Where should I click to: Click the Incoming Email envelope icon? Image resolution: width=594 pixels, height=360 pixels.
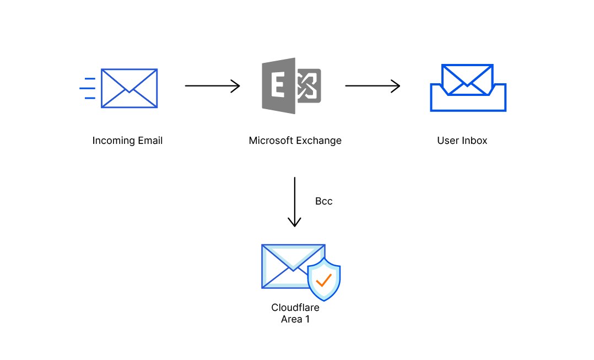tap(129, 88)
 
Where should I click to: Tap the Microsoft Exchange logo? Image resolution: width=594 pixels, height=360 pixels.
tap(291, 86)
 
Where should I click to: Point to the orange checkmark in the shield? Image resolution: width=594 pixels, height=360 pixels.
tap(323, 280)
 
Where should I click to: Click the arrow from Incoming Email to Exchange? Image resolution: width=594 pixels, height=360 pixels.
tap(212, 86)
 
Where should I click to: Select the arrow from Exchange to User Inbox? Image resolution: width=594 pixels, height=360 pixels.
tap(372, 86)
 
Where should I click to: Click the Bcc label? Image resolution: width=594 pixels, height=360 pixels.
tap(323, 201)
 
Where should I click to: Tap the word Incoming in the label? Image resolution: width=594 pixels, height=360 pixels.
tap(112, 141)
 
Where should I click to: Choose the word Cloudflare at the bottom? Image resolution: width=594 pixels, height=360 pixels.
tap(295, 308)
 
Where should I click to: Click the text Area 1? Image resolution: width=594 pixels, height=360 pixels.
tap(295, 319)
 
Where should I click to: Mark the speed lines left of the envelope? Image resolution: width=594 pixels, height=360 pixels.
tap(88, 88)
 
